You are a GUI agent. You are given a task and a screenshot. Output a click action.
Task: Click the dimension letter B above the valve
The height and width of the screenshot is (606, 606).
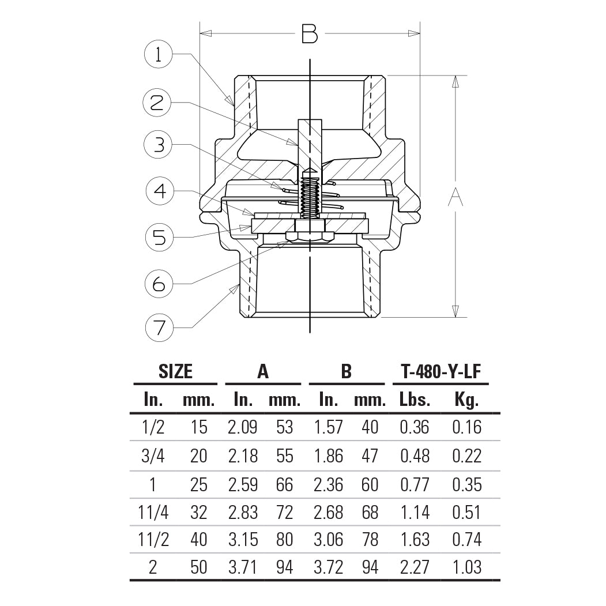[x=310, y=35]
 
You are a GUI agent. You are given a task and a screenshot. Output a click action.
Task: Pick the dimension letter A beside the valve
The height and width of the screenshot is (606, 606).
[x=456, y=197]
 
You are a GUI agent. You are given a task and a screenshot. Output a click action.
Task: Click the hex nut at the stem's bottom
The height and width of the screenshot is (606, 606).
[x=310, y=236]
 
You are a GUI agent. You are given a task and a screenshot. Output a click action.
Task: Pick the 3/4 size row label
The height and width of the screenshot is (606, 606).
[x=153, y=456]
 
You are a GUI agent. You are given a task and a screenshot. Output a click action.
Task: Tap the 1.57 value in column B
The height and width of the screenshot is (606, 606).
[x=328, y=427]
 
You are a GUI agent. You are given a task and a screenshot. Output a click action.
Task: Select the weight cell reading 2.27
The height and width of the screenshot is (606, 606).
[x=415, y=567]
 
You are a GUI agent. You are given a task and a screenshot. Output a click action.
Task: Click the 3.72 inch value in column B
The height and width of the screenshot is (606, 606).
[x=328, y=567]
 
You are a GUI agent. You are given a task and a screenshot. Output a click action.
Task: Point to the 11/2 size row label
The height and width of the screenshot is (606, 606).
[x=153, y=540]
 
